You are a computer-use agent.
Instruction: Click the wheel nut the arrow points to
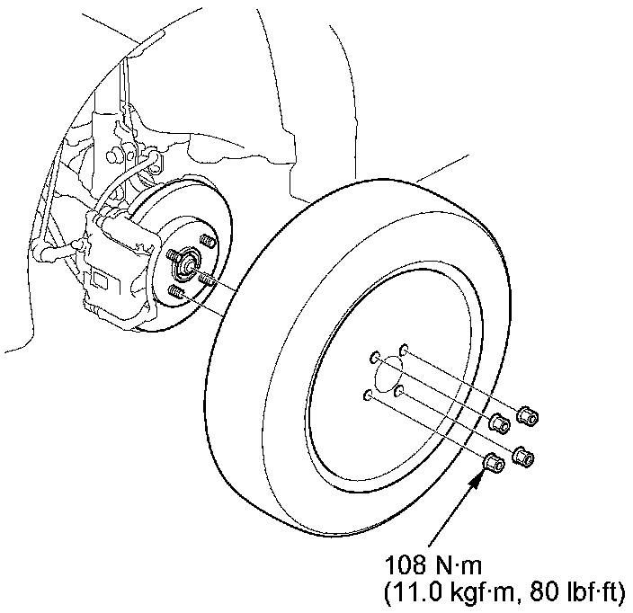point(494,463)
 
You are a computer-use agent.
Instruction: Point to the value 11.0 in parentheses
point(409,592)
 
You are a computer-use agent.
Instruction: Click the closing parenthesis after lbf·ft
point(621,593)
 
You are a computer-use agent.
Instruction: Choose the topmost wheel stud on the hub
point(206,241)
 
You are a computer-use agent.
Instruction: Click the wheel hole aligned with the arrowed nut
point(367,395)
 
